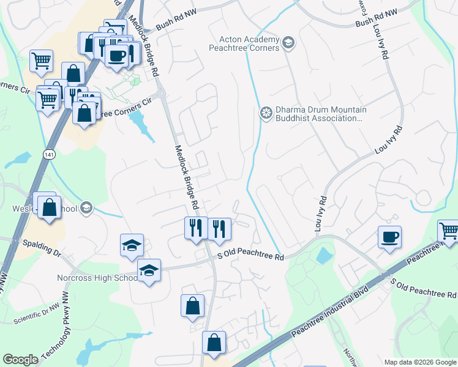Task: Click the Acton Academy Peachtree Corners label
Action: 244,43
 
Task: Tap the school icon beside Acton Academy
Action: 289,43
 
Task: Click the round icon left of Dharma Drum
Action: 266,113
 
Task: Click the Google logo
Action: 20,360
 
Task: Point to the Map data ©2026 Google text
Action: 419,362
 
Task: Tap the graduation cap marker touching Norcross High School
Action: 148,271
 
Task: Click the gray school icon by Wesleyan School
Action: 86,208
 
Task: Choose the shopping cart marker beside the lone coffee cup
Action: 449,231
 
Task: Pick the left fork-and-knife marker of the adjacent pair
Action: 193,228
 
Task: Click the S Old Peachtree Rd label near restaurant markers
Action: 251,258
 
